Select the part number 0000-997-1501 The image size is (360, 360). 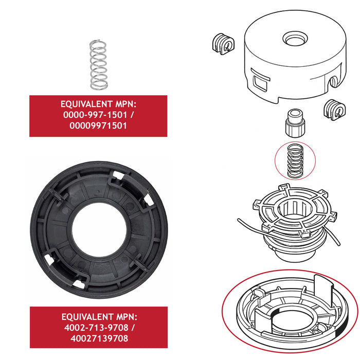click(95, 116)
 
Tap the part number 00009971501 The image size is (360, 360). click(98, 127)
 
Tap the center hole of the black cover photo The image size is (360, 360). click(98, 229)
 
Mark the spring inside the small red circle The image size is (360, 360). click(295, 160)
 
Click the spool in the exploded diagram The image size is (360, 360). click(291, 221)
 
